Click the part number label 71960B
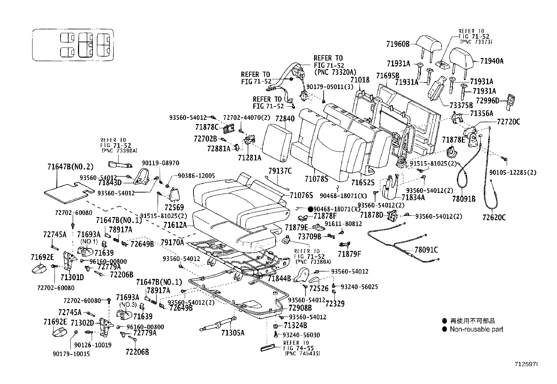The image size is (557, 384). point(398,44)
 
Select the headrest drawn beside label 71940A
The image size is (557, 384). point(461,58)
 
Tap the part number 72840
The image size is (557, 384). point(285,119)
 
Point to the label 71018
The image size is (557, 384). point(360,80)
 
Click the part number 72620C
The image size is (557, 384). point(494,218)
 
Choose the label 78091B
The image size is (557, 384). point(464,199)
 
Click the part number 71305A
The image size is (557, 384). point(233,333)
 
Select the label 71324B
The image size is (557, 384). point(295,326)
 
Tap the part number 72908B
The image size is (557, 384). point(300,308)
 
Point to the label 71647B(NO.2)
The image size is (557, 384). point(70,167)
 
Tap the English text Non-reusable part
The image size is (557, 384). point(476,329)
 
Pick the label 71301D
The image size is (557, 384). point(72,278)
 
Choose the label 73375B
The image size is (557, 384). point(461,105)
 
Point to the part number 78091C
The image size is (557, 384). point(426,250)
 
